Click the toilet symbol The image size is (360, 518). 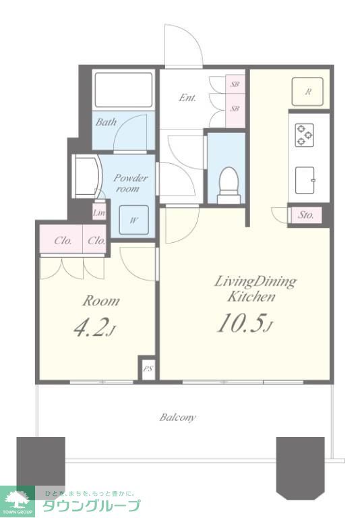[229, 185]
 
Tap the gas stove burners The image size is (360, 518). [304, 135]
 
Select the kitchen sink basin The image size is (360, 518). [305, 180]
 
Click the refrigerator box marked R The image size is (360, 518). [308, 92]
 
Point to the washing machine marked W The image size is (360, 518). [133, 220]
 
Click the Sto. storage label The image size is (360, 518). [305, 215]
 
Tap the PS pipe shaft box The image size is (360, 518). [147, 369]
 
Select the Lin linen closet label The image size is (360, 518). [98, 212]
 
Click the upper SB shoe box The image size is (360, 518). [235, 84]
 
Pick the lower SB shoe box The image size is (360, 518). [235, 109]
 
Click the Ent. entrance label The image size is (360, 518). [187, 98]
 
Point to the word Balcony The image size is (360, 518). [178, 418]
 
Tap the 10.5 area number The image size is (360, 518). [241, 323]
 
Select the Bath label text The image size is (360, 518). [106, 122]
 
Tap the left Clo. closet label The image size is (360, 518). [63, 241]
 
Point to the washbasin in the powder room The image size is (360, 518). [86, 177]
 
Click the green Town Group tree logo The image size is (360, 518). [17, 501]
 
